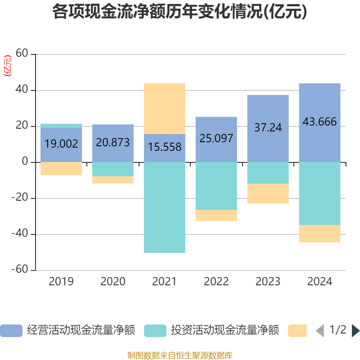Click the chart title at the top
(x=180, y=12)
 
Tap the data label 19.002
(x=61, y=144)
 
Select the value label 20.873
(x=113, y=143)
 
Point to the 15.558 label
(x=165, y=147)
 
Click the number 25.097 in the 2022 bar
(x=216, y=138)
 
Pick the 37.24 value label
(x=268, y=128)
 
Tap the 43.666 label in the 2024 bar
(x=319, y=121)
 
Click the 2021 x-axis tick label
(x=165, y=282)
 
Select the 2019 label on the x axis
(x=61, y=282)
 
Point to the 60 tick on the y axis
(x=22, y=54)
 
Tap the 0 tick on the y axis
(x=25, y=162)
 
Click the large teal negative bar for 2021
(x=165, y=207)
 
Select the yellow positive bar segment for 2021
(x=165, y=108)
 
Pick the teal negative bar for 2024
(x=319, y=193)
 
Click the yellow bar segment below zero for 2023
(x=268, y=193)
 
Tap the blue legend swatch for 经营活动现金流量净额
(x=11, y=331)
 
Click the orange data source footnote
(x=180, y=355)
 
